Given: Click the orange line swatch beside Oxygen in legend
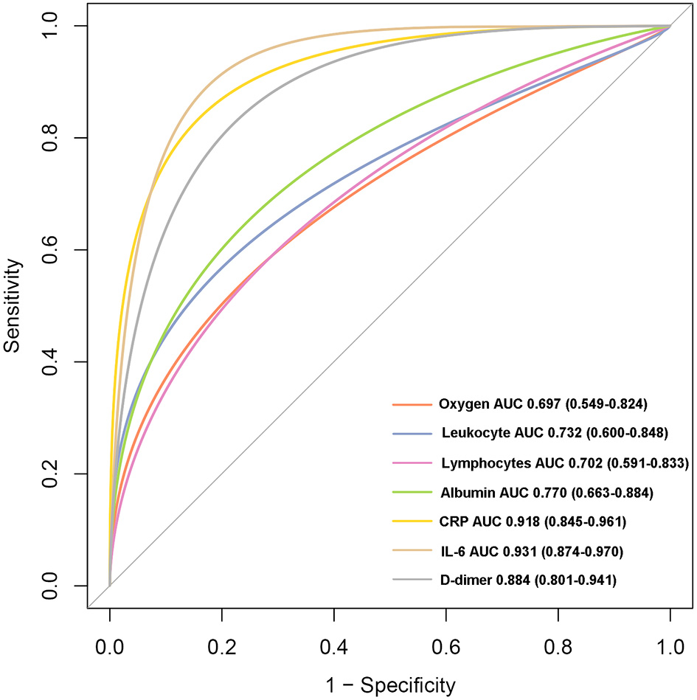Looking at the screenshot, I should tap(412, 404).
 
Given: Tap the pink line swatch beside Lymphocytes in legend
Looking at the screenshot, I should tap(412, 463).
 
